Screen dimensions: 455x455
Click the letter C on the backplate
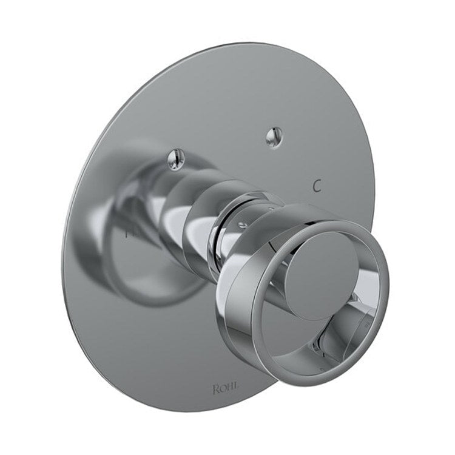316,186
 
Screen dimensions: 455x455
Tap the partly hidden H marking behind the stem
127,231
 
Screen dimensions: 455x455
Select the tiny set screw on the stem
241,225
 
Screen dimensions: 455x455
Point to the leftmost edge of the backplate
62,261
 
